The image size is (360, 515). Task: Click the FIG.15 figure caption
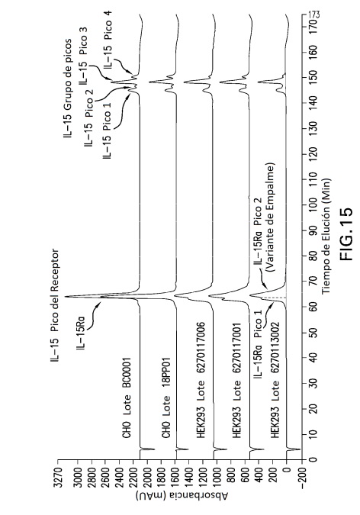346,233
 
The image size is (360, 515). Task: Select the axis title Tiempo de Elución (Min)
326,237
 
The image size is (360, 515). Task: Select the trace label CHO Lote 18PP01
166,398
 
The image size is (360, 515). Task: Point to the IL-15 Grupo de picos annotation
68,89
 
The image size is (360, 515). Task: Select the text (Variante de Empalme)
271,217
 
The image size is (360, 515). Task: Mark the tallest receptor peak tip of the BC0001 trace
65,297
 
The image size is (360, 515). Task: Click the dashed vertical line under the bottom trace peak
274,298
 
